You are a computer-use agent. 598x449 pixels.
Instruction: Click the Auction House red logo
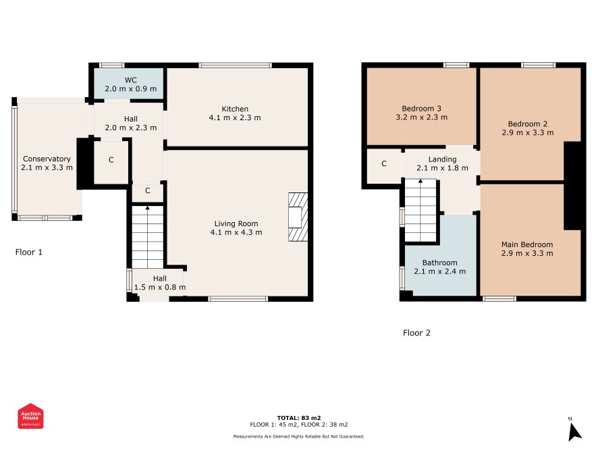point(30,416)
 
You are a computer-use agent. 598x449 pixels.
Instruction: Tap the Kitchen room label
point(235,109)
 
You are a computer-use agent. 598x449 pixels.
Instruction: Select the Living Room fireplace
point(298,217)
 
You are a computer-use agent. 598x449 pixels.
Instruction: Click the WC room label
point(130,80)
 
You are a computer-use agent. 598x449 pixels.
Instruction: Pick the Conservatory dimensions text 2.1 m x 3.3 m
point(47,167)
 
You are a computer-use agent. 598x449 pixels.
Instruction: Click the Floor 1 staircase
point(148,236)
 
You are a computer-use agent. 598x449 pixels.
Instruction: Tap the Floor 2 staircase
point(420,210)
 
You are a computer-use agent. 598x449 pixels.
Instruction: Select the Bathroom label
point(440,263)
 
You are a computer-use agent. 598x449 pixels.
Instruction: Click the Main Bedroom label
point(527,244)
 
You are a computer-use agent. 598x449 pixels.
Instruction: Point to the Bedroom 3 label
point(421,109)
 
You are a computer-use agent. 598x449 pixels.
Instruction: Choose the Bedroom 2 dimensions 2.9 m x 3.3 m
point(528,133)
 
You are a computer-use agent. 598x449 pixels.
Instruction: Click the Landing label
point(442,159)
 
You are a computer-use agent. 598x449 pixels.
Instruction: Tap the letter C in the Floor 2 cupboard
point(384,163)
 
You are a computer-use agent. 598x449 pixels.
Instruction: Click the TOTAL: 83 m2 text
point(299,418)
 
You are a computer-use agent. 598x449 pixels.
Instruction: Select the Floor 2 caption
point(416,333)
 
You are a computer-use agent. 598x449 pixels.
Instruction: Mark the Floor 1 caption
point(29,252)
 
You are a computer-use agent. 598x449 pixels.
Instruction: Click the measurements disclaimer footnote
point(299,436)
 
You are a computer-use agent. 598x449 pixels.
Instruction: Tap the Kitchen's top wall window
point(236,65)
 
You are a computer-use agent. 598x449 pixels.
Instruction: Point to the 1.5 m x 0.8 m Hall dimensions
point(160,287)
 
